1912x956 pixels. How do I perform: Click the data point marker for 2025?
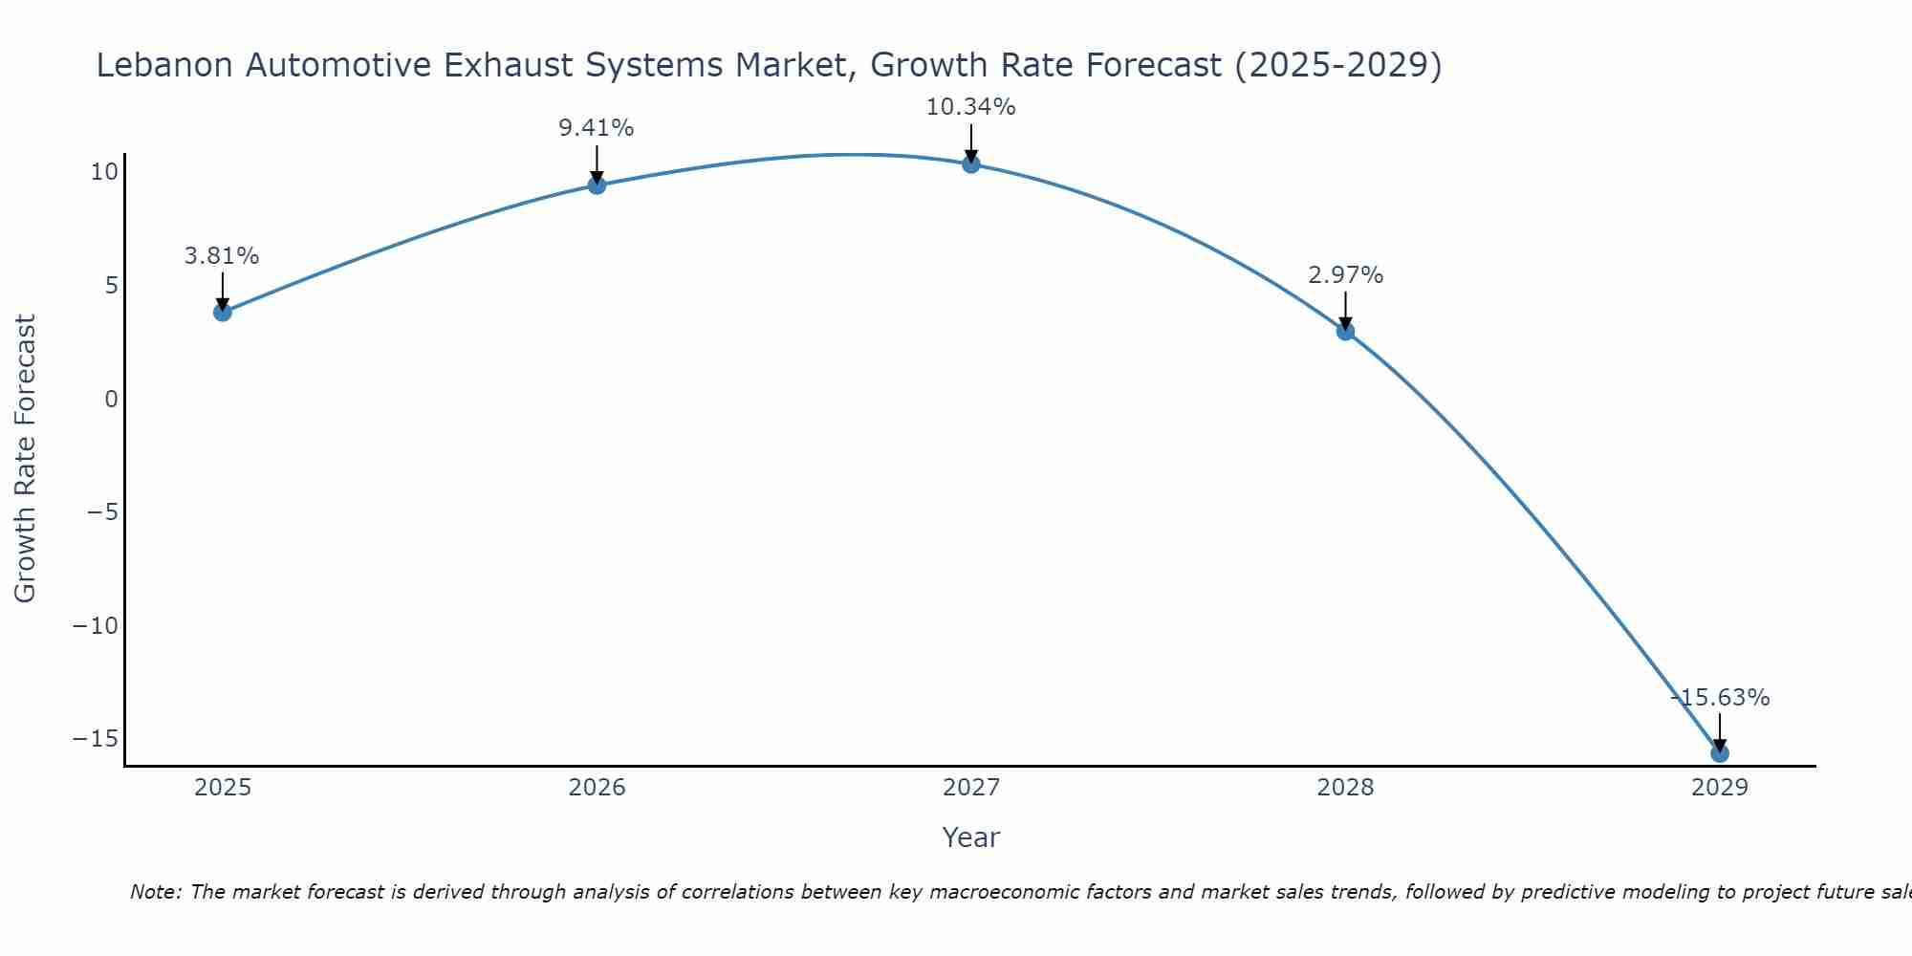point(223,312)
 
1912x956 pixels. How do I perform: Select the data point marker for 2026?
point(597,185)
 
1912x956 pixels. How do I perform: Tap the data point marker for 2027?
point(971,163)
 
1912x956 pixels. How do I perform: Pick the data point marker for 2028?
point(1345,331)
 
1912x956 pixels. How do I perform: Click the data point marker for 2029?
point(1720,753)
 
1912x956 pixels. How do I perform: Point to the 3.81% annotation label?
point(222,256)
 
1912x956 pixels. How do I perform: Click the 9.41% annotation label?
point(597,128)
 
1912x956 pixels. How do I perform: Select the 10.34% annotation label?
point(970,107)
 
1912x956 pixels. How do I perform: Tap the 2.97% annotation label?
point(1345,275)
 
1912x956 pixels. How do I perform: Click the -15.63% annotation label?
point(1720,698)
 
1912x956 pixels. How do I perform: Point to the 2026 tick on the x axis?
point(597,788)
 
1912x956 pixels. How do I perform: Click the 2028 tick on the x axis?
point(1345,788)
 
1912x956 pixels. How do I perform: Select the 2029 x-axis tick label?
point(1720,788)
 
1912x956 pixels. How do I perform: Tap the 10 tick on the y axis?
point(104,172)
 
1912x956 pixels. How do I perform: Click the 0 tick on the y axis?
point(112,399)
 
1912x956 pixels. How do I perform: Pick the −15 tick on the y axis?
point(96,739)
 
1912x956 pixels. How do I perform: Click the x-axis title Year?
point(970,837)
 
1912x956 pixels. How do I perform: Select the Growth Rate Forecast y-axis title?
point(26,459)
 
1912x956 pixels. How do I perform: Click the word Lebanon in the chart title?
point(164,66)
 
